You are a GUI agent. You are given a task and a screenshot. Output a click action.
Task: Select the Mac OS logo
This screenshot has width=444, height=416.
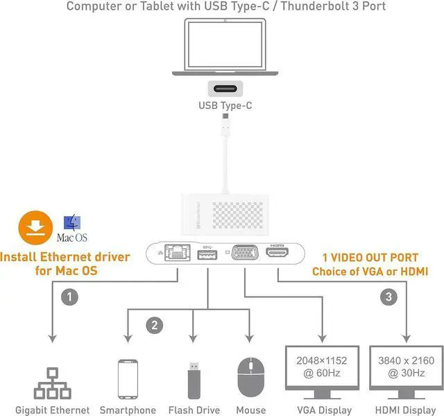click(x=71, y=227)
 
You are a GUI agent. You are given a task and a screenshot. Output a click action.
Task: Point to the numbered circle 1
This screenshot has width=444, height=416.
click(x=69, y=297)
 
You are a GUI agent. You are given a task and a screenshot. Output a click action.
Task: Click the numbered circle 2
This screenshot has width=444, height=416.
click(x=155, y=324)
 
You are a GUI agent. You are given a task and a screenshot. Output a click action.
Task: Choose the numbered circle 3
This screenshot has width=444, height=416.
click(x=389, y=297)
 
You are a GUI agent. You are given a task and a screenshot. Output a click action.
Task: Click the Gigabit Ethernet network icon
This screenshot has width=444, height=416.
click(x=53, y=381)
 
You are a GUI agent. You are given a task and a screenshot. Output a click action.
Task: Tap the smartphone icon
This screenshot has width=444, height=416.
click(x=128, y=378)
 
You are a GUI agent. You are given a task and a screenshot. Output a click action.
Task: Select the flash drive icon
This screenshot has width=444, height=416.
click(x=194, y=378)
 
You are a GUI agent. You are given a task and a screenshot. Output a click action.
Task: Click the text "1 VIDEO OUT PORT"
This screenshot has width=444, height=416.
click(x=370, y=257)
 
